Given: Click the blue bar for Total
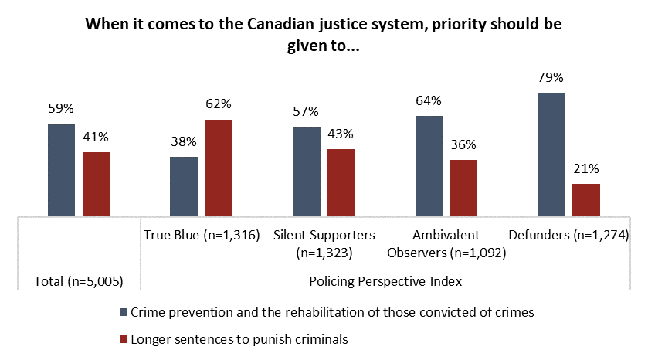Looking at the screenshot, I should click(x=62, y=171).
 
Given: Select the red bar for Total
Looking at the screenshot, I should click(x=97, y=185).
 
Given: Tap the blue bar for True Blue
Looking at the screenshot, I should click(x=184, y=187).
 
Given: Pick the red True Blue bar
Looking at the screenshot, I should click(x=219, y=168).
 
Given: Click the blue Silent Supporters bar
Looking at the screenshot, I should click(x=306, y=172).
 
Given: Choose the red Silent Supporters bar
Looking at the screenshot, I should click(x=341, y=183).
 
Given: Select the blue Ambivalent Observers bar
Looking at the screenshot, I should click(x=429, y=167).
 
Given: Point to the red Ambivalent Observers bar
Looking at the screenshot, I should click(x=463, y=188).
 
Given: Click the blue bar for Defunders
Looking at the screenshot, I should click(x=551, y=155).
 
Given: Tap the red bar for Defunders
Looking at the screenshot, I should click(x=586, y=200).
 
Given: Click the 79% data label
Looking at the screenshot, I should click(x=551, y=77).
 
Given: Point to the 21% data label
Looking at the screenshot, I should click(x=586, y=168).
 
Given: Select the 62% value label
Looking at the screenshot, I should click(x=219, y=104).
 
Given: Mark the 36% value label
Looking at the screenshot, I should click(x=463, y=144).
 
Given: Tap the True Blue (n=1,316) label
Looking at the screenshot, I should click(x=200, y=235).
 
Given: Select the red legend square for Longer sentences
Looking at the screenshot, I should click(x=124, y=338).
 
